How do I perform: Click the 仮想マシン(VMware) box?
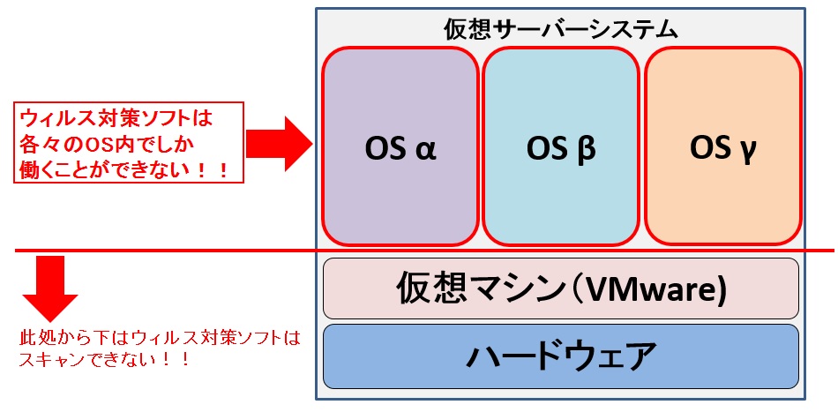pos(561,288)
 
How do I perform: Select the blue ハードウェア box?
pos(561,357)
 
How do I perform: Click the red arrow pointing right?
pos(279,142)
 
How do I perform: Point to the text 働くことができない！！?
pos(124,168)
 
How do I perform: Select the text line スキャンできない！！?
pos(103,360)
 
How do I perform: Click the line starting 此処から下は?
pos(160,337)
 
